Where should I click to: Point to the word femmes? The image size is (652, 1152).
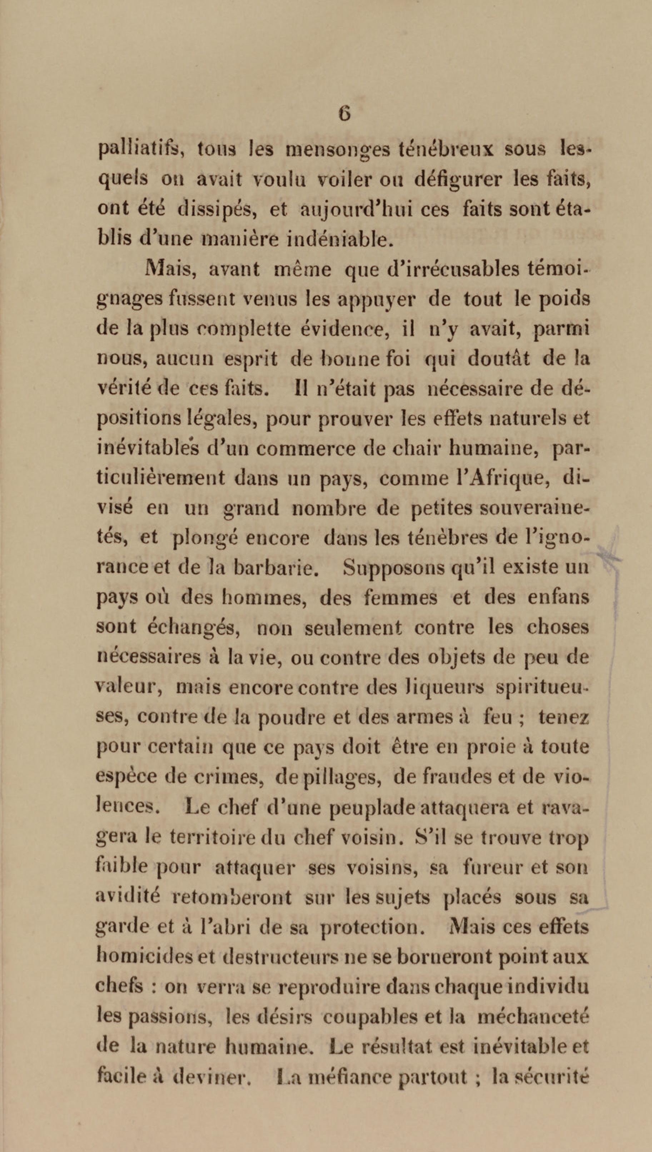pyautogui.click(x=400, y=597)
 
